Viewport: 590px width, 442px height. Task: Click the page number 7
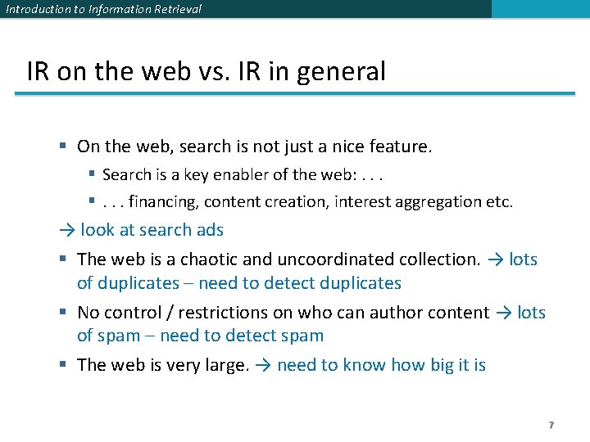[x=551, y=426]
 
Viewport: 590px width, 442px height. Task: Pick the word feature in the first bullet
[x=398, y=147]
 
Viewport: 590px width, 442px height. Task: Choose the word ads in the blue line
[x=210, y=230]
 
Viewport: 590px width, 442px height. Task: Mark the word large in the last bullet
[x=220, y=365]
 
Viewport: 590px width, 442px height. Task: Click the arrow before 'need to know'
[x=263, y=365]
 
